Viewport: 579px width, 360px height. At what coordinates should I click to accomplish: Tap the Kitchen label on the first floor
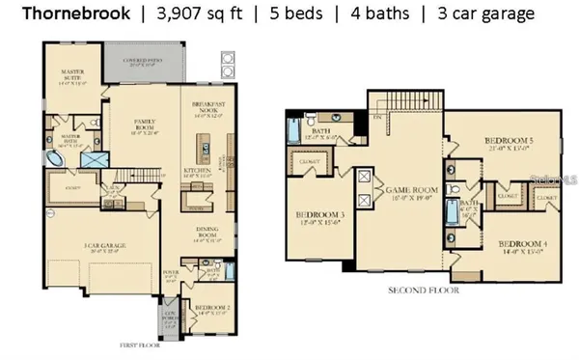197,172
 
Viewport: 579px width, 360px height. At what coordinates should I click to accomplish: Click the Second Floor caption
423,289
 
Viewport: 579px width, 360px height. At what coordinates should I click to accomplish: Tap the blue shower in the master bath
95,161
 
